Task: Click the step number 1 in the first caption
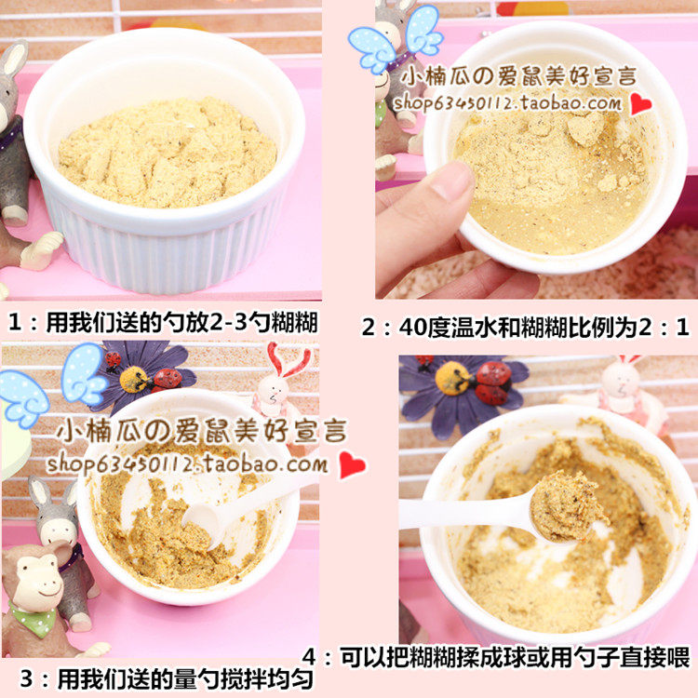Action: [15, 322]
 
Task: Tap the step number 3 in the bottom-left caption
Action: [26, 678]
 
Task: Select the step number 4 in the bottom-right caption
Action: [309, 658]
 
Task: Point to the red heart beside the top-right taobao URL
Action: [640, 105]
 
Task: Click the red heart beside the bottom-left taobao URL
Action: [352, 465]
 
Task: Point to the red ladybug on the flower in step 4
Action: [492, 383]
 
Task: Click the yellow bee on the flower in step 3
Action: [134, 380]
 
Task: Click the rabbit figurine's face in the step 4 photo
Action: [622, 382]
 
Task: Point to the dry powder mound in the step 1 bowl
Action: [167, 153]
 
